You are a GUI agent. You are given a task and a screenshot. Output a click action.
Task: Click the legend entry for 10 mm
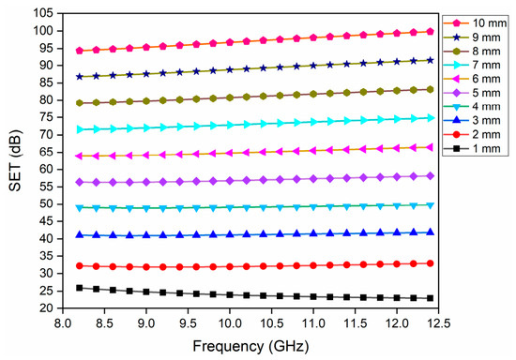(x=475, y=23)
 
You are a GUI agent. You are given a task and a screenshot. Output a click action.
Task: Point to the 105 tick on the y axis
(x=43, y=13)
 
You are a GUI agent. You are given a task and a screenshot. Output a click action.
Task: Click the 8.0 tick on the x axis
(x=63, y=323)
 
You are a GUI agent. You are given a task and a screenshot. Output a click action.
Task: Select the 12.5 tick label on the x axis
(x=438, y=323)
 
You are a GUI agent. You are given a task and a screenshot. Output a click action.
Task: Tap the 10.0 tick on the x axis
(x=230, y=323)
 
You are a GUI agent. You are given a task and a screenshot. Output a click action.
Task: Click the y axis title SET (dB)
(x=15, y=160)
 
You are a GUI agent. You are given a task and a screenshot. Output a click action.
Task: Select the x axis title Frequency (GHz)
(x=250, y=346)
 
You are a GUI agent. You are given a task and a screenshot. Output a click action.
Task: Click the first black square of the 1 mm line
(x=80, y=288)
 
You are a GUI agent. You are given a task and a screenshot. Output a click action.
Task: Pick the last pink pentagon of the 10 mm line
(x=430, y=32)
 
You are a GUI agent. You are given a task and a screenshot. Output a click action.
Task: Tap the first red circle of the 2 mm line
(x=80, y=265)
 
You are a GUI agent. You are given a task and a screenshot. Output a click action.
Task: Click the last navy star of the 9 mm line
(x=430, y=60)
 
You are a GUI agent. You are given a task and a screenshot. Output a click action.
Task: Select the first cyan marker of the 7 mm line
(x=80, y=130)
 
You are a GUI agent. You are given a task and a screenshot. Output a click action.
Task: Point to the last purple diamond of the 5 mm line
(x=430, y=176)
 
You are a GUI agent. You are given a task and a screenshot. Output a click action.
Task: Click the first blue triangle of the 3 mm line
(x=80, y=234)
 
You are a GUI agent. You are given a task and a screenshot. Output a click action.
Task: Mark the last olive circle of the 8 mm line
(x=430, y=89)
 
